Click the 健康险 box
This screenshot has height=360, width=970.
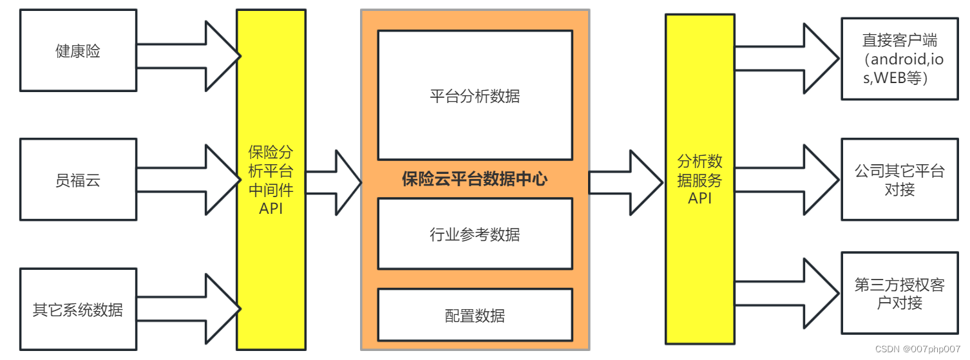coord(78,51)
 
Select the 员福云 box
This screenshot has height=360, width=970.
coord(78,180)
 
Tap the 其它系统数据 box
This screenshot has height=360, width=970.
coord(78,310)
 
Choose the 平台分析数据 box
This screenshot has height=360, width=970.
coord(475,95)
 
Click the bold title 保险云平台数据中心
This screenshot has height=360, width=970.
coord(475,179)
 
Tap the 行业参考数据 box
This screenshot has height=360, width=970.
coord(475,234)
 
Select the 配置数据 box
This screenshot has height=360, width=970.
coord(475,315)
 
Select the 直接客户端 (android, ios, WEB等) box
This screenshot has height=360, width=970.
coord(899,59)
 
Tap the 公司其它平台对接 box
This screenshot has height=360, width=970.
coord(899,180)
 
